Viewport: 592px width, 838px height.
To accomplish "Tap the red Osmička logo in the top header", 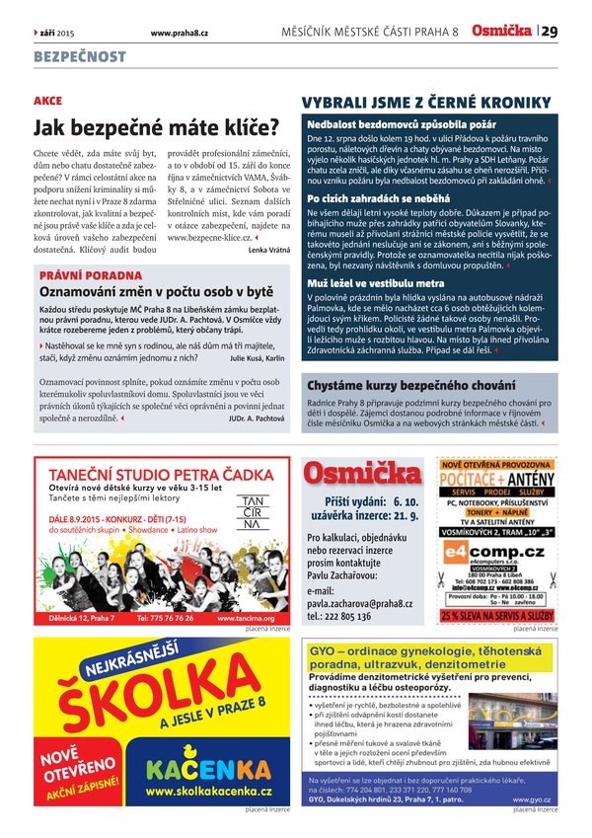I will click(502, 32).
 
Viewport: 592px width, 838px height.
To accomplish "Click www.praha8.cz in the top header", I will click(179, 33).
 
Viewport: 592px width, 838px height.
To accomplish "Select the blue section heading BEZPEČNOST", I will click(80, 57).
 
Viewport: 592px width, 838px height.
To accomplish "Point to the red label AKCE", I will click(47, 101).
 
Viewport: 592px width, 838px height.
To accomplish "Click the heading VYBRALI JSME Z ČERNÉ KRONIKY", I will click(425, 102).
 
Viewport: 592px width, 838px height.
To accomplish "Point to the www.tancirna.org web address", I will click(254, 618).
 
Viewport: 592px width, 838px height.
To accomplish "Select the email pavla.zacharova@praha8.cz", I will click(359, 603).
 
